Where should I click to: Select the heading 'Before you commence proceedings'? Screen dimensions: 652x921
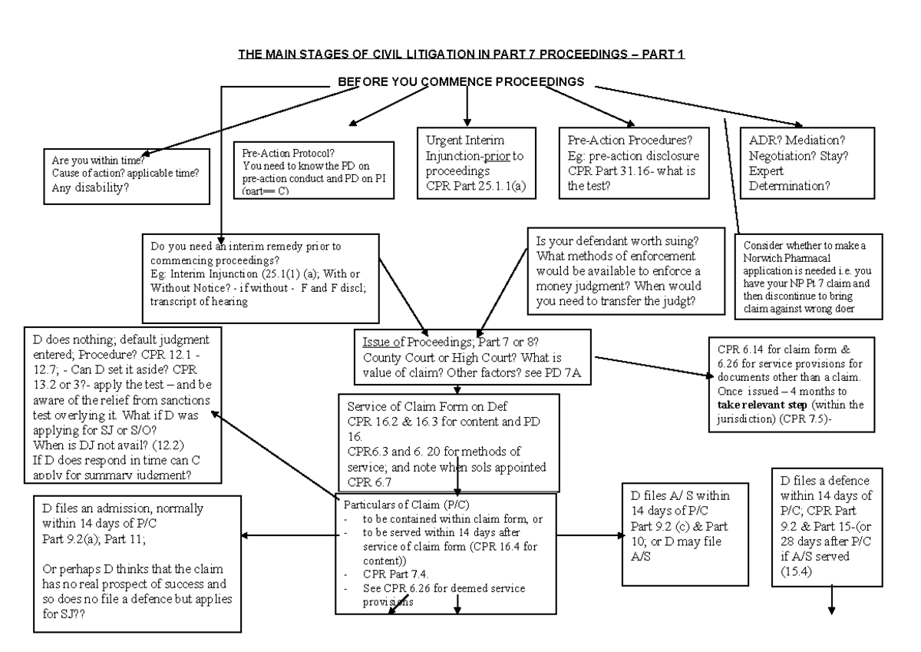(460, 81)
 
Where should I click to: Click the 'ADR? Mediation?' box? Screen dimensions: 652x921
(803, 163)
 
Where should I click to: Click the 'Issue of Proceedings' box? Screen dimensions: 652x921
(471, 359)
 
